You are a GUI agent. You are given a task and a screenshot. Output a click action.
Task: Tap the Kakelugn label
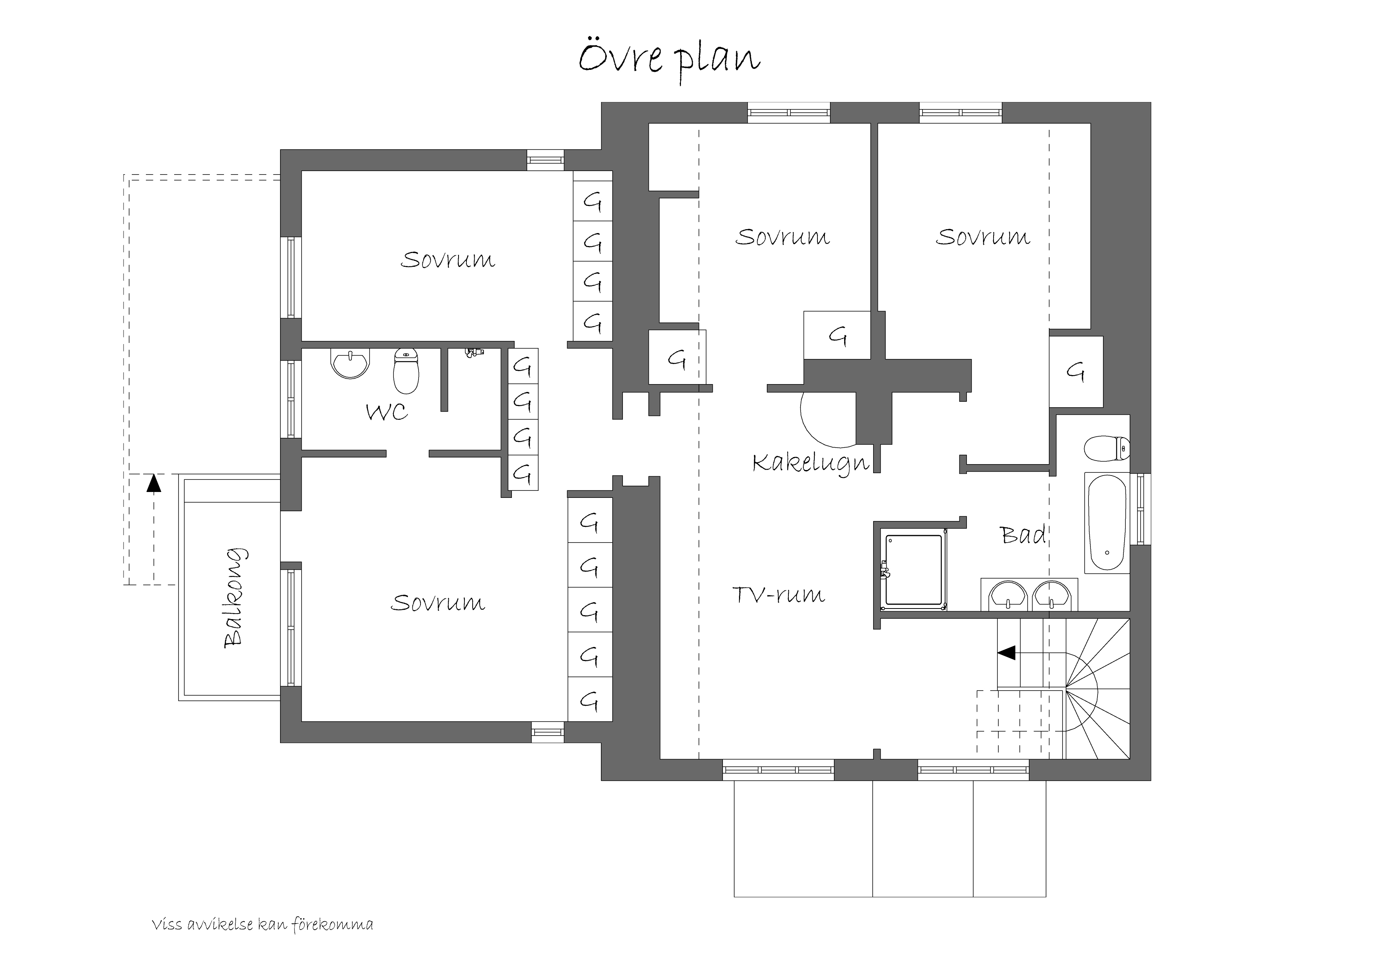pyautogui.click(x=810, y=463)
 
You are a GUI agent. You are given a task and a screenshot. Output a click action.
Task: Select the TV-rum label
pyautogui.click(x=779, y=595)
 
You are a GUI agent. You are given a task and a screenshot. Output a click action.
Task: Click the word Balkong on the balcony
pyautogui.click(x=234, y=598)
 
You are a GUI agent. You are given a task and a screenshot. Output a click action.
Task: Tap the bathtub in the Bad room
pyautogui.click(x=1106, y=523)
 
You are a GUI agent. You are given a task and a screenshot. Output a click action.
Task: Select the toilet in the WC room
pyautogui.click(x=406, y=371)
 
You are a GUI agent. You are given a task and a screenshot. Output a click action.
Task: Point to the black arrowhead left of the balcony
pyautogui.click(x=154, y=483)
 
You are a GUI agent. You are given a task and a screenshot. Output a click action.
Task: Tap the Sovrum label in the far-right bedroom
pyautogui.click(x=983, y=237)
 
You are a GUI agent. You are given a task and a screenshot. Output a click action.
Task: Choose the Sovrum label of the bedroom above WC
pyautogui.click(x=448, y=260)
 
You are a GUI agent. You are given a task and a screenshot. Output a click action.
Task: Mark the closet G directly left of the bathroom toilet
pyautogui.click(x=1076, y=372)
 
